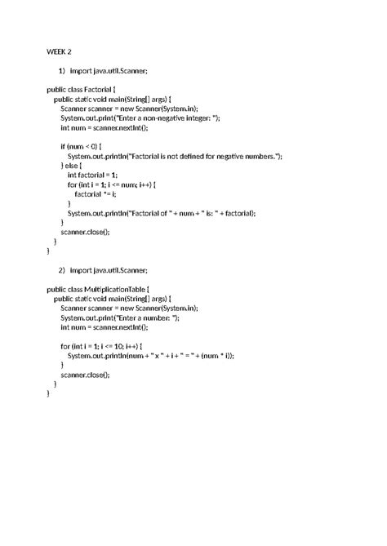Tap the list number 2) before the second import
(x=62, y=269)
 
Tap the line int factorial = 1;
(x=92, y=174)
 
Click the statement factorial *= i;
(x=96, y=193)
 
